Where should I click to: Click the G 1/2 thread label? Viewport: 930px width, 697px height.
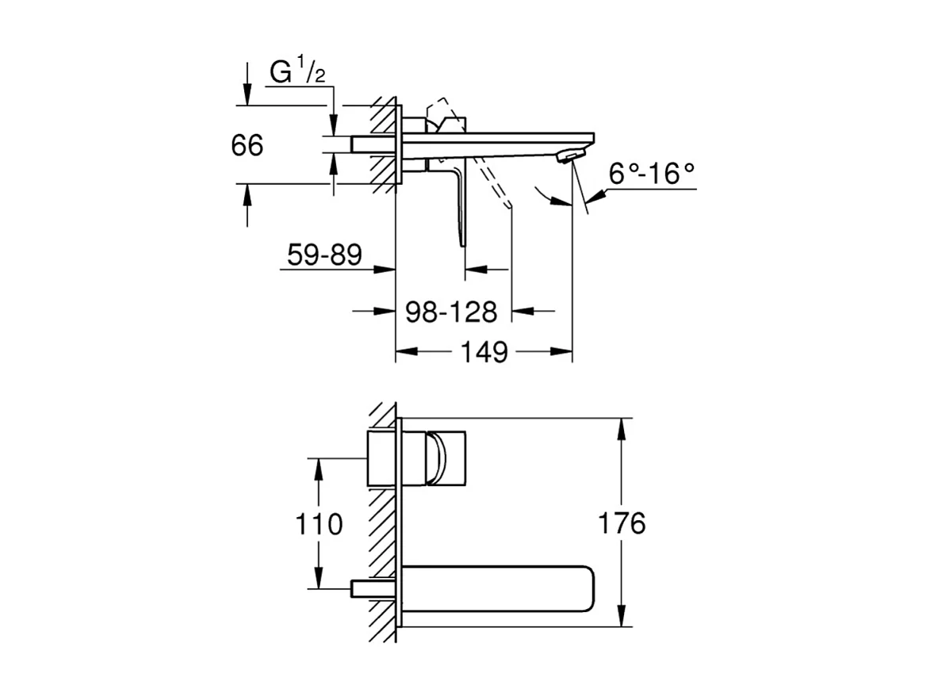coord(297,73)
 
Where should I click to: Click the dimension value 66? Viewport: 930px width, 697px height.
coord(247,146)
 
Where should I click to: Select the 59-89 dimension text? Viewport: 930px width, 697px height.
coord(323,255)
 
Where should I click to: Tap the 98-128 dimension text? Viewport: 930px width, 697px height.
coord(450,312)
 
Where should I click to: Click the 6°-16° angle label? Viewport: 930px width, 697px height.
coord(652,174)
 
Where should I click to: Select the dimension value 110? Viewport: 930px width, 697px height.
coord(319,524)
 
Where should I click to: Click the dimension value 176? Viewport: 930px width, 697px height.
coord(623,524)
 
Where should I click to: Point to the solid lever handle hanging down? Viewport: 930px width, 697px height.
coord(459,206)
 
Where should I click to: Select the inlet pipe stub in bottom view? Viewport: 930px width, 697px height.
coord(372,588)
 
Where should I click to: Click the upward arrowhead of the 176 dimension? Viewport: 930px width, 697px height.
coord(623,428)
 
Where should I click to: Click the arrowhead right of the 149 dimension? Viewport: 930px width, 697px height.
coord(562,350)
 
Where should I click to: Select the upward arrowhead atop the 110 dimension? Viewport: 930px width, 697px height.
coord(319,468)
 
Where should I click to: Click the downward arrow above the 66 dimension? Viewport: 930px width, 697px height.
coord(247,95)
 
